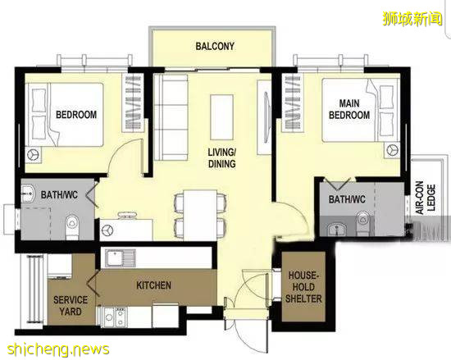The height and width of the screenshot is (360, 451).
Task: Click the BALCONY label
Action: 215,46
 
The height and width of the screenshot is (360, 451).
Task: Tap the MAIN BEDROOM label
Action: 349,109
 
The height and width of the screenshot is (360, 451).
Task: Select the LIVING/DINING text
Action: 221,158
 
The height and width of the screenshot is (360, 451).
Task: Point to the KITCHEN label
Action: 153,285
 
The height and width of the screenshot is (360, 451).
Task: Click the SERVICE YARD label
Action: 71,306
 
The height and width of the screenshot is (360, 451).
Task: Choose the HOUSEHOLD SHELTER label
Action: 303,287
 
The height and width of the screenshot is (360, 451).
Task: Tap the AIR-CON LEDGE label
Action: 426,198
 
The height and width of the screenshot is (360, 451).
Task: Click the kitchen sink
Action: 121,258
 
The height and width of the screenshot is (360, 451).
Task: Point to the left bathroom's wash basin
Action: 28,194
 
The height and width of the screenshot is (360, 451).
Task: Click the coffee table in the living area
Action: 221,117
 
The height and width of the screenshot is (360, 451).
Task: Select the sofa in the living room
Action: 171,117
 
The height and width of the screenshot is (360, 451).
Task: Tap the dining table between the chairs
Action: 200,215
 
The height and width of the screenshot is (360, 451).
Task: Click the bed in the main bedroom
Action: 361,110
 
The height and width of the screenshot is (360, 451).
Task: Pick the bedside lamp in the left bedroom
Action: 34,155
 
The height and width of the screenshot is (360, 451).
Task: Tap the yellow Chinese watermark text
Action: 412,19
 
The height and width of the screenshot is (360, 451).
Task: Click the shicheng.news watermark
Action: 58,349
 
